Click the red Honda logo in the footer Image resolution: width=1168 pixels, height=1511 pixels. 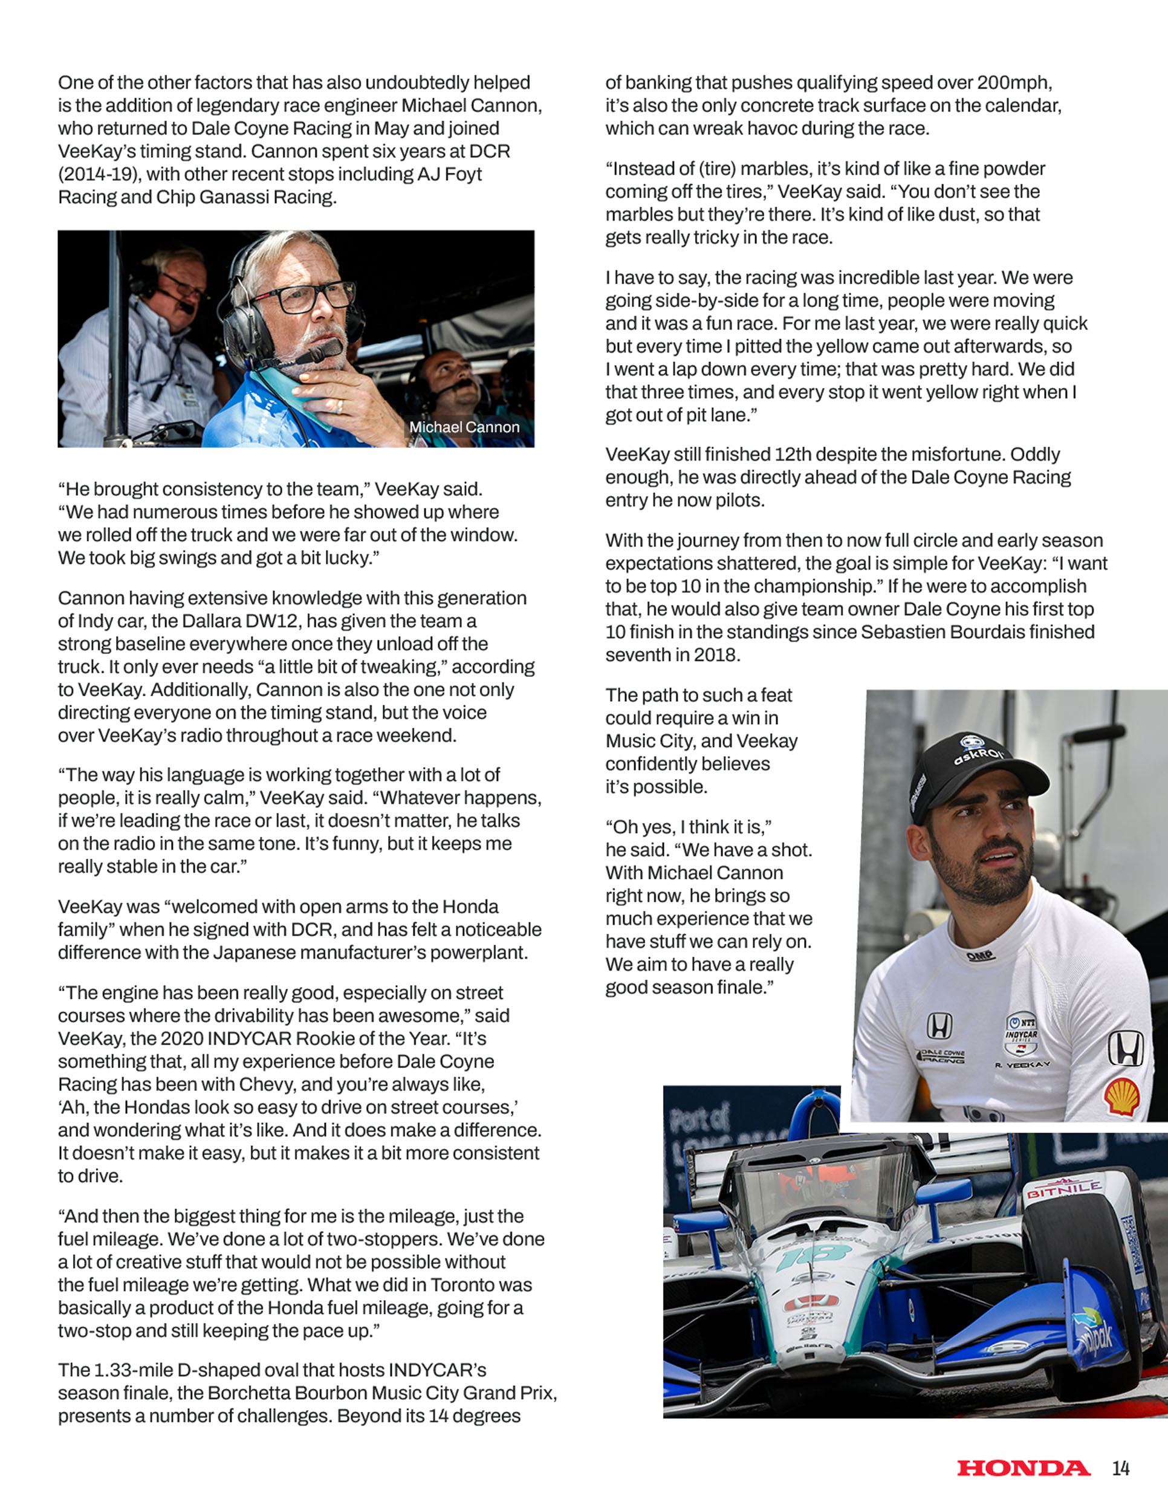[x=1023, y=1468]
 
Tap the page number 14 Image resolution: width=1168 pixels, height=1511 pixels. [x=1121, y=1468]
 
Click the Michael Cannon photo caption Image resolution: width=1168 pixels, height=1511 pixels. [x=464, y=427]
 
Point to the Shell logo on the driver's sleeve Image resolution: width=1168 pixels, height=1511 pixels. [x=1121, y=1096]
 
